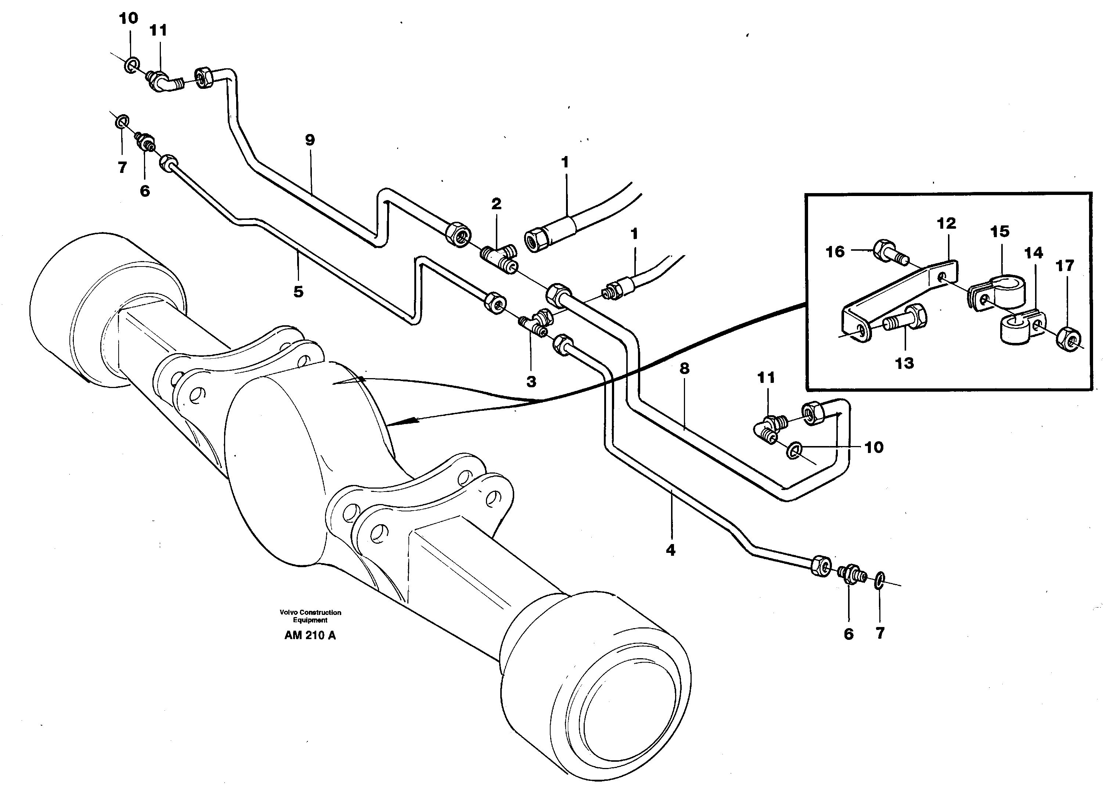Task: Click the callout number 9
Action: coord(310,140)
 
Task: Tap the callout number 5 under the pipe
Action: coord(298,292)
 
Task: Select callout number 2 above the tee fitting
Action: coord(496,204)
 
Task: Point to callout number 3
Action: coord(531,382)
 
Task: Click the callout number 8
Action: coord(684,369)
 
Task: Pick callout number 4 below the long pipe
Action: coord(670,550)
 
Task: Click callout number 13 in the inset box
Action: coord(905,363)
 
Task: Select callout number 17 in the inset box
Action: coord(1064,265)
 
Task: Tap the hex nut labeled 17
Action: coord(1068,338)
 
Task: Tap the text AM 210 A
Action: coord(310,635)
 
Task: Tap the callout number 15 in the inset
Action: coord(1000,231)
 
